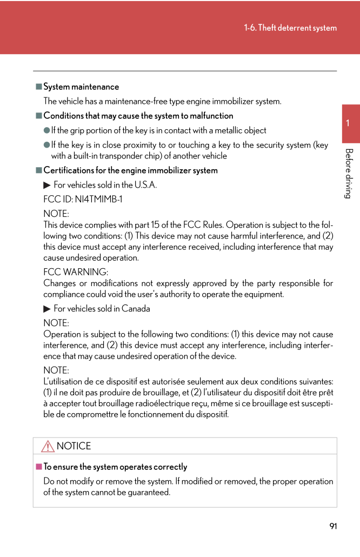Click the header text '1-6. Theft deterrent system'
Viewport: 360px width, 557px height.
point(290,28)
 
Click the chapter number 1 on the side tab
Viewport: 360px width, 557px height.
point(348,123)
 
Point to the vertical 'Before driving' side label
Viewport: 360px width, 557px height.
point(349,173)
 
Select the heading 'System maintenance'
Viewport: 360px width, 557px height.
point(81,87)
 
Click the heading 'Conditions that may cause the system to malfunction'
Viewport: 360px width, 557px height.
point(138,116)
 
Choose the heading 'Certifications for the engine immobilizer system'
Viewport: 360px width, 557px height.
point(130,170)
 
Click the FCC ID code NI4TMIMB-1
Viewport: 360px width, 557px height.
point(98,200)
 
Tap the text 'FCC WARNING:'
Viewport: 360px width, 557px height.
point(76,272)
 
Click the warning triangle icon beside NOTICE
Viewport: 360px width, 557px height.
point(48,446)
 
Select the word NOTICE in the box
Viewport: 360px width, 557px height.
point(74,446)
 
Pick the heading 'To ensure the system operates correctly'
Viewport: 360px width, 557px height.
point(115,467)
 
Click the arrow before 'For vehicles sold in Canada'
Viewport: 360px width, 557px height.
point(47,309)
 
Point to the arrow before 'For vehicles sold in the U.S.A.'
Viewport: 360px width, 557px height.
point(47,185)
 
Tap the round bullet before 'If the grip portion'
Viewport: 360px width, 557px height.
point(47,130)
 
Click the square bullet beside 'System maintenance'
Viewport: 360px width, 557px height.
point(39,87)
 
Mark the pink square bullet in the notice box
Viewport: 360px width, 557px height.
point(39,467)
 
